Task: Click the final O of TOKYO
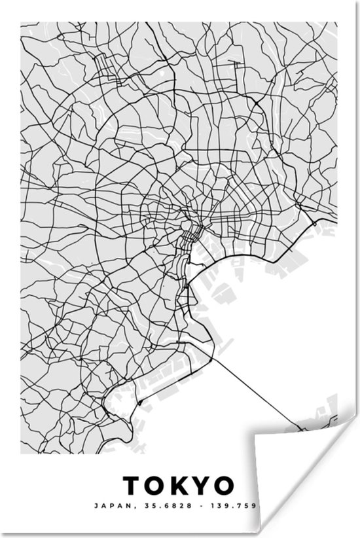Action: pos(224,486)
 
